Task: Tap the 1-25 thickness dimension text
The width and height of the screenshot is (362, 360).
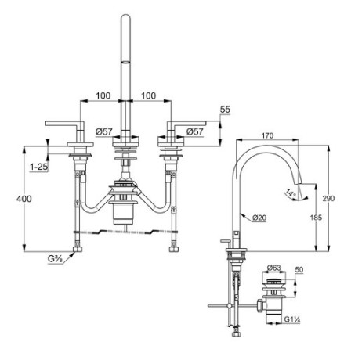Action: [x=39, y=167]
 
